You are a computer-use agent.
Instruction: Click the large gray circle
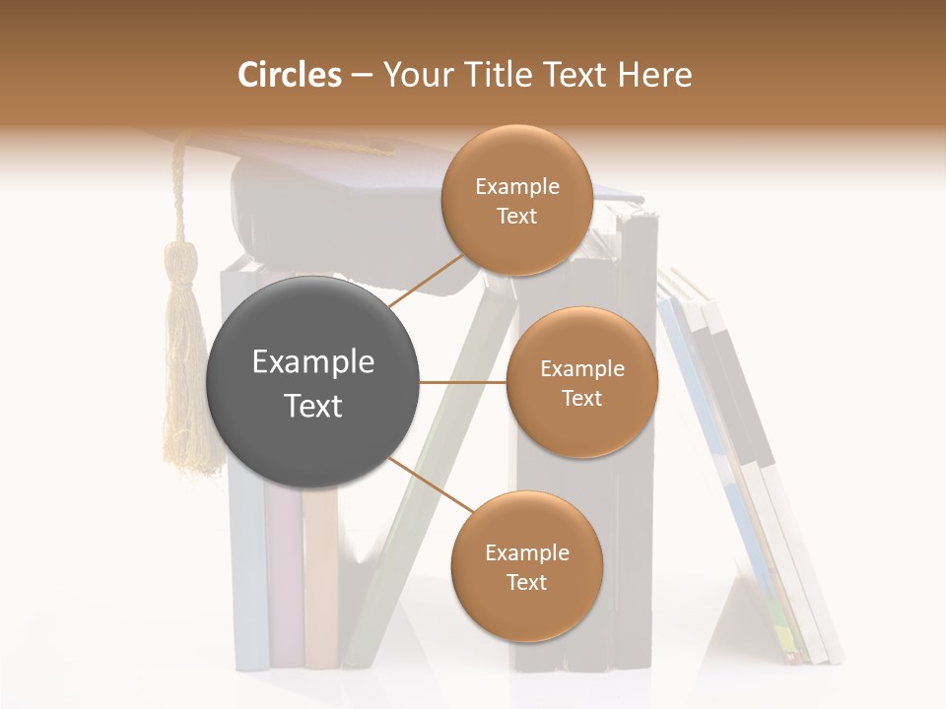point(313,382)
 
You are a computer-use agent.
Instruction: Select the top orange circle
point(516,200)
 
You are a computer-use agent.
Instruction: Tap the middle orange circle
point(581,382)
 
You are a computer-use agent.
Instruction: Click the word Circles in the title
point(289,75)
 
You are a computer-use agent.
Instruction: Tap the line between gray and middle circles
point(463,382)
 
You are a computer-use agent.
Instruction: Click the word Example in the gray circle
point(313,362)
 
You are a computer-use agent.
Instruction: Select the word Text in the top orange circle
point(516,216)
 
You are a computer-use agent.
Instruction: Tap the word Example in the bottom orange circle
point(526,552)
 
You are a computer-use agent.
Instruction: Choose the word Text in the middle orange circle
point(581,398)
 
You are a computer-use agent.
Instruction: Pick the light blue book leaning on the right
point(709,433)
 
